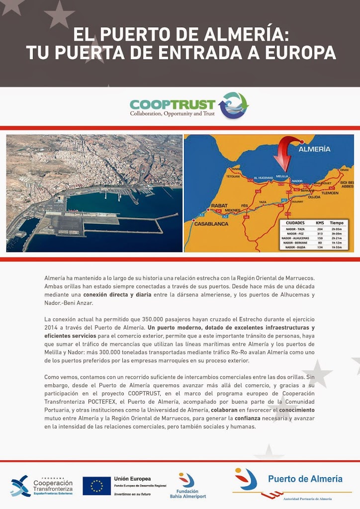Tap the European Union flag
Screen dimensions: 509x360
(96, 486)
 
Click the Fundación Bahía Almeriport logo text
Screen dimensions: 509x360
(187, 493)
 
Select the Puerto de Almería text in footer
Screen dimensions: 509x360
(305, 479)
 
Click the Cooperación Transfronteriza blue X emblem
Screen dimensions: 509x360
(20, 486)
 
